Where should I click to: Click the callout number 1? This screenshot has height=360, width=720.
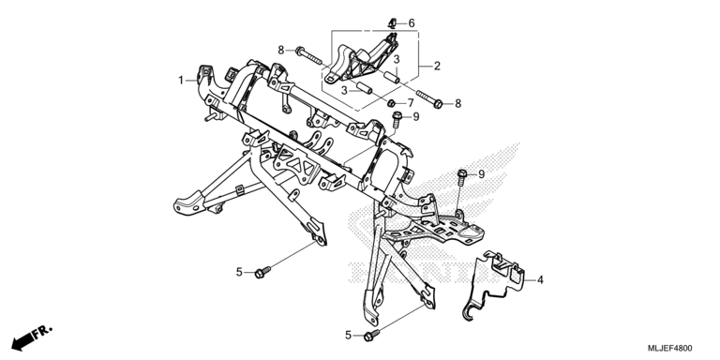tap(181, 81)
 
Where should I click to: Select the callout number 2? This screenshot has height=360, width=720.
tap(437, 66)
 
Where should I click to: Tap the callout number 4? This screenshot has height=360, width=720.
tap(540, 279)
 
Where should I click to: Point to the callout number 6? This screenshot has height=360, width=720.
tap(412, 22)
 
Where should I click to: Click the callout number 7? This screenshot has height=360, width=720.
tap(410, 103)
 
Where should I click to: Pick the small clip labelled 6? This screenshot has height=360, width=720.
tap(393, 22)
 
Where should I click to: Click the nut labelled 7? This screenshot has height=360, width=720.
tap(392, 103)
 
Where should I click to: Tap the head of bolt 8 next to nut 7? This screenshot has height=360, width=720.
tap(438, 104)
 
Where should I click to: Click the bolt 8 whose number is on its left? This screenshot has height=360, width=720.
tap(309, 55)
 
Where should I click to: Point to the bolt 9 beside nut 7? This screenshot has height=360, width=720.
tap(397, 119)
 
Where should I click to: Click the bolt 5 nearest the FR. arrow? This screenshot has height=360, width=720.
tap(262, 272)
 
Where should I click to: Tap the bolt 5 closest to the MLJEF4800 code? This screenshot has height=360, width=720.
tap(371, 336)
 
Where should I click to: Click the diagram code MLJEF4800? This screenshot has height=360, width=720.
tap(670, 348)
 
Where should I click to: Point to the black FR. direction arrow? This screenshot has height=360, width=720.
tap(22, 340)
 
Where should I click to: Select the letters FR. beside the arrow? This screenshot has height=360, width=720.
tap(43, 331)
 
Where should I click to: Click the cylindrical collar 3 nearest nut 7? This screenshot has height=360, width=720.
tap(364, 87)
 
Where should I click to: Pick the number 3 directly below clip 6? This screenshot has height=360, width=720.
tap(397, 59)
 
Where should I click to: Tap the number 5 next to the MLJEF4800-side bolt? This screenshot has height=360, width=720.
tap(348, 336)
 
